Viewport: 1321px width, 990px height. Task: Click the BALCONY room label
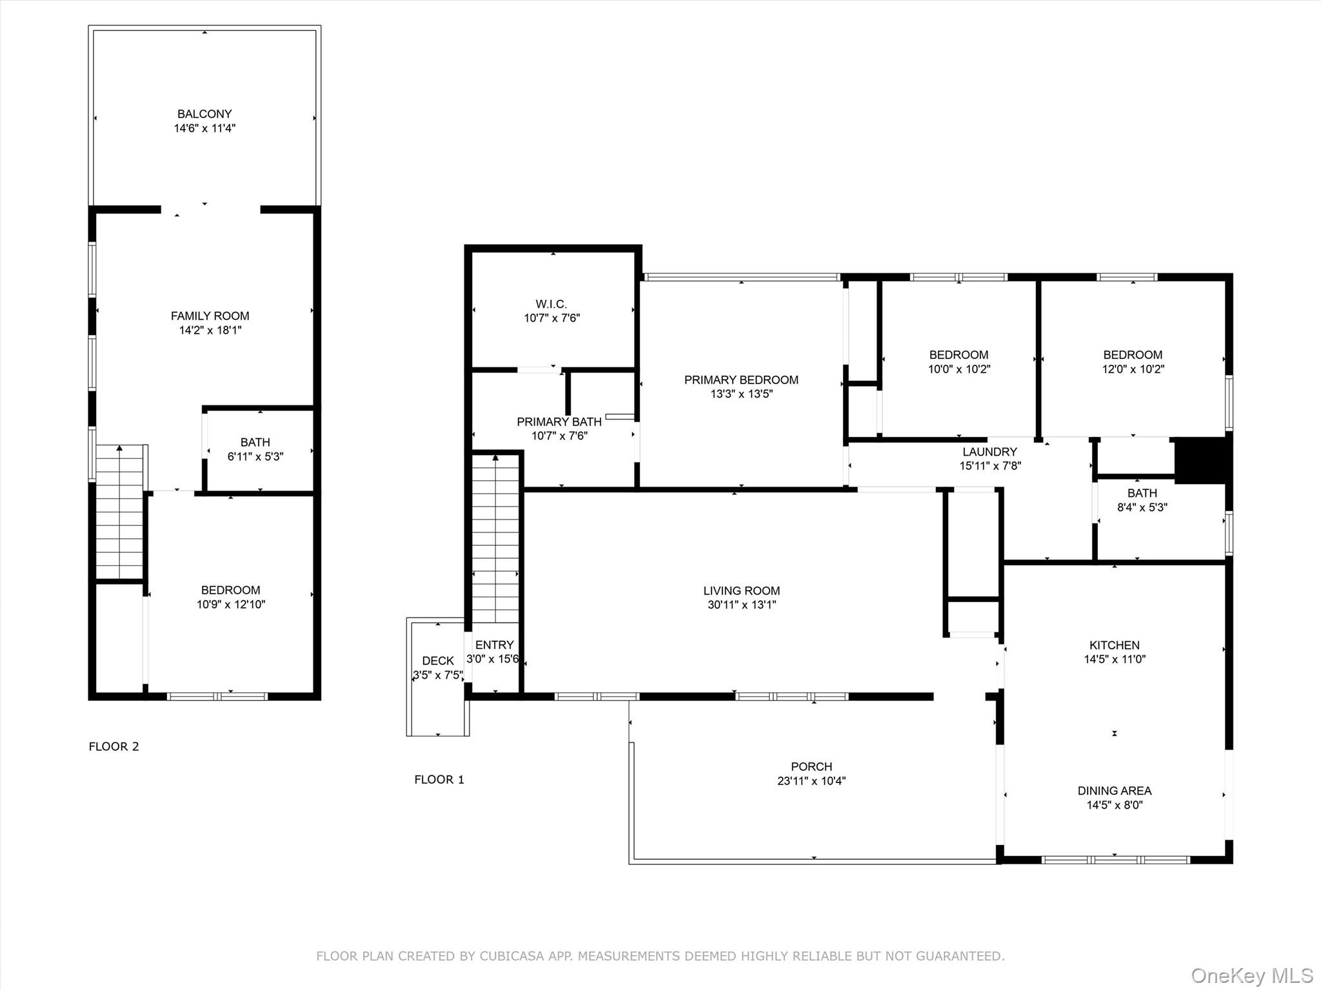204,114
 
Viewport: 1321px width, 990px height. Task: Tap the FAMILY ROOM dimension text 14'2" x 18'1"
210,330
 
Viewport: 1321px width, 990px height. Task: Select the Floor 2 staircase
119,512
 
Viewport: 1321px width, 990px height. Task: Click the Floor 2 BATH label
255,442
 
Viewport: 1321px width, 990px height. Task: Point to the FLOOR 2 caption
114,746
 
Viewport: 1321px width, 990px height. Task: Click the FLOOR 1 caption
439,779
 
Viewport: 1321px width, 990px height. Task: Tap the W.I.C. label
551,304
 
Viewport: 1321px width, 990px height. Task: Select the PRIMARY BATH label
559,422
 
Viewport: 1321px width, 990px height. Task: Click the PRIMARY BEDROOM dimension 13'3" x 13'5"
741,394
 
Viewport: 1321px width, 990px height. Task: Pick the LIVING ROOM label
741,590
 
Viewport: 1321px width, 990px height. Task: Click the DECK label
438,661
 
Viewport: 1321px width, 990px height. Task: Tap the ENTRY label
494,645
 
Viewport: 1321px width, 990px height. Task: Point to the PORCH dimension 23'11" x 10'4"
811,781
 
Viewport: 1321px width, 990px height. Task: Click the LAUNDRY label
989,452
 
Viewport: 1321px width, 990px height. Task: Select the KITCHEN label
1114,645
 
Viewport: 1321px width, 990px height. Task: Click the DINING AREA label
1114,790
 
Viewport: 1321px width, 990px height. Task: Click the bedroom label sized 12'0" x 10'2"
1133,354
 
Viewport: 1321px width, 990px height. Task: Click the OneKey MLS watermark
1251,975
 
